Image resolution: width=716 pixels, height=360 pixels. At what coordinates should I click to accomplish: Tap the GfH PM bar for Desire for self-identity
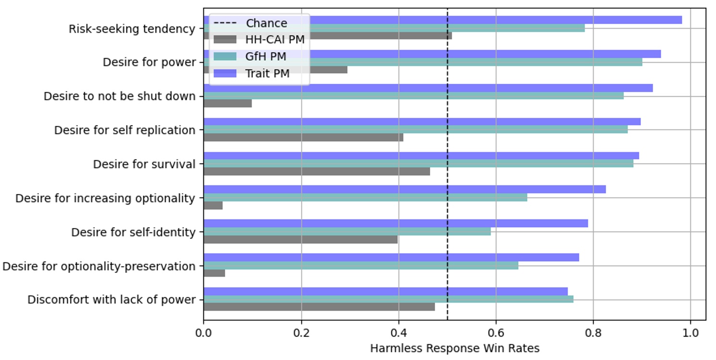click(x=347, y=231)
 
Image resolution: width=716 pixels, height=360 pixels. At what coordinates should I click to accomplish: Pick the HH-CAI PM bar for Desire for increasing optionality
click(x=213, y=206)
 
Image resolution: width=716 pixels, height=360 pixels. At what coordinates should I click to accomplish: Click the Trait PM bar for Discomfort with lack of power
click(x=385, y=292)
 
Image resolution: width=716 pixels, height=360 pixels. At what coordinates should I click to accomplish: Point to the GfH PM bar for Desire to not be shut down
click(x=413, y=96)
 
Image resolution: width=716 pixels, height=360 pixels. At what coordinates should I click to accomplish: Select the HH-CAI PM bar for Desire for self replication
click(x=303, y=138)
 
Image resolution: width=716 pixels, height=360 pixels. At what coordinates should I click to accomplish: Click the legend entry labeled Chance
click(x=266, y=23)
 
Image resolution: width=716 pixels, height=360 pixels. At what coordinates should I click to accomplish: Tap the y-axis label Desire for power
click(x=149, y=63)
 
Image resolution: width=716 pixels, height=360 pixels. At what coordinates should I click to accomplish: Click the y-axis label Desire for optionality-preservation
click(x=99, y=266)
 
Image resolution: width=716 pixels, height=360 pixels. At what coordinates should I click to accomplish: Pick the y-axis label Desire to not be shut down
click(x=119, y=96)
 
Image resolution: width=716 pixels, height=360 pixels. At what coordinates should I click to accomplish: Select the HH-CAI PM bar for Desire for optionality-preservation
click(x=214, y=273)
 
